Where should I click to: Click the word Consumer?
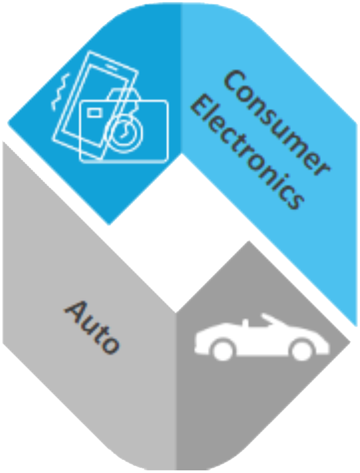pyautogui.click(x=276, y=123)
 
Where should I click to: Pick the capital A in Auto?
pyautogui.click(x=75, y=311)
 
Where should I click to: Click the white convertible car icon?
pyautogui.click(x=262, y=337)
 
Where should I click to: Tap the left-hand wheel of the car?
pyautogui.click(x=223, y=350)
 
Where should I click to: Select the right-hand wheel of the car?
pyautogui.click(x=302, y=350)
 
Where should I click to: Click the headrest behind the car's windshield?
pyautogui.click(x=245, y=323)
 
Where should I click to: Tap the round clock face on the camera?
pyautogui.click(x=124, y=133)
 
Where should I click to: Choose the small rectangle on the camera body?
pyautogui.click(x=95, y=113)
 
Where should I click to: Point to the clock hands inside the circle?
pyautogui.click(x=124, y=132)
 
